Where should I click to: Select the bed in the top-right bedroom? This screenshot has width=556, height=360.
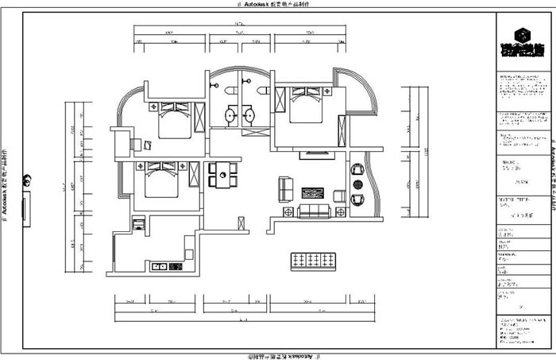coord(305,106)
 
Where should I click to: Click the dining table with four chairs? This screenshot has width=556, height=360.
coord(222,174)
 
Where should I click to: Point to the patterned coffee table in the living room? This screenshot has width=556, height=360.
coord(312,193)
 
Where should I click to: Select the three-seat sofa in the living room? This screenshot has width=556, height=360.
coord(313,211)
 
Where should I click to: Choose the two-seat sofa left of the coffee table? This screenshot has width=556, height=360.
coord(286,190)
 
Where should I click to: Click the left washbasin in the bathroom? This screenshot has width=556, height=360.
coord(230,116)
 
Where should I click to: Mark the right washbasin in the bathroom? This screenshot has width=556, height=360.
coord(250,116)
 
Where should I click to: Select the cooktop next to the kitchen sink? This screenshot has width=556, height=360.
coord(156,266)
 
